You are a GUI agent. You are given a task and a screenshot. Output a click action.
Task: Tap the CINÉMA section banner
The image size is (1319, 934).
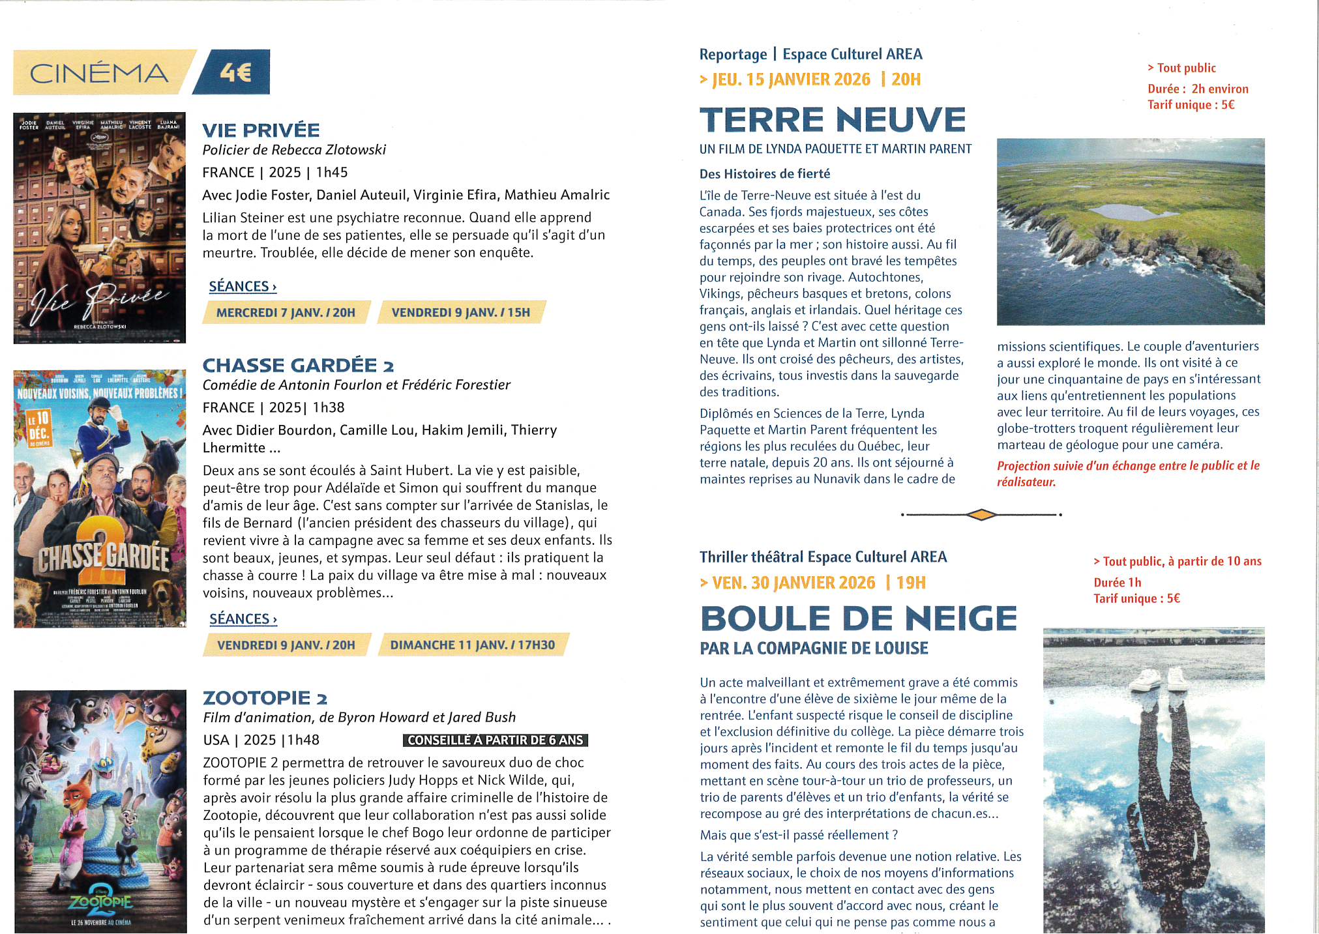[99, 73]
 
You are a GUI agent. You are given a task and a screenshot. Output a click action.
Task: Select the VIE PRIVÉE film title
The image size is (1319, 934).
[261, 130]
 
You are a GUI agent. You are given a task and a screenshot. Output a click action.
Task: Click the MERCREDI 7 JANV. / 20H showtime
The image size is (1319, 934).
[286, 313]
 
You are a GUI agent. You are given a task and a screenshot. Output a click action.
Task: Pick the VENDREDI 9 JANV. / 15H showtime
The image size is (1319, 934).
[461, 313]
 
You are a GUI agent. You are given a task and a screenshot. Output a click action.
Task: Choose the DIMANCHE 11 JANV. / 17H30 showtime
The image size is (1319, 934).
[473, 645]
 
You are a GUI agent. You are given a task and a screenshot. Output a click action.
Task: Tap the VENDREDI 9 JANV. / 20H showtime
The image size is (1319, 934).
[286, 645]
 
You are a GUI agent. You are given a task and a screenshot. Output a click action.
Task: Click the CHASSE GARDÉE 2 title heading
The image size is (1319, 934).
[298, 366]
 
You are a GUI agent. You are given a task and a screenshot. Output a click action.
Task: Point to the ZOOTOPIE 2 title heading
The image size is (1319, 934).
[265, 698]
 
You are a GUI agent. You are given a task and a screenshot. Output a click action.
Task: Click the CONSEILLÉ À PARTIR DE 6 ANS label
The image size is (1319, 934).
[496, 740]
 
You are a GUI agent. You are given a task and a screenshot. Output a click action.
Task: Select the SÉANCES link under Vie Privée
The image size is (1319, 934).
[243, 287]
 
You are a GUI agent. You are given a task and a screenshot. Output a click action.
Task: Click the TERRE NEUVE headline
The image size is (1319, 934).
[833, 120]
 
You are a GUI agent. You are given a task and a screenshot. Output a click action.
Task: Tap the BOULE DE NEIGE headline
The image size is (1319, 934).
[859, 619]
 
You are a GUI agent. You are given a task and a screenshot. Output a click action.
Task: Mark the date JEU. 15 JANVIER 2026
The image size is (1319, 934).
[792, 80]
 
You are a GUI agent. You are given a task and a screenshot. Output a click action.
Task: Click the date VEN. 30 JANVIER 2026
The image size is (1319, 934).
[793, 583]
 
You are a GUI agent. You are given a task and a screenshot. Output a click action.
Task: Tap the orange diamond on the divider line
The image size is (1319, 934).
[981, 515]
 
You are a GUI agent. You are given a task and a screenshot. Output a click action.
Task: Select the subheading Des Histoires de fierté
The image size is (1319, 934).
[765, 174]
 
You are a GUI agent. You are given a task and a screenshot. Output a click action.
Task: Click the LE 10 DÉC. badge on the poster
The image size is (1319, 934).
[38, 427]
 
